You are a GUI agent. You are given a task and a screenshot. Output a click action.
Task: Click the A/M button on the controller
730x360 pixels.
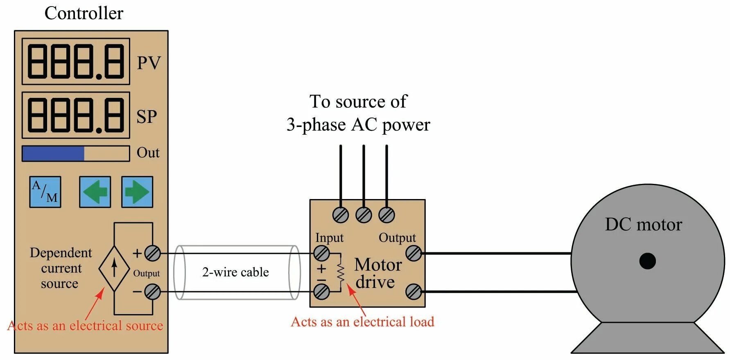45,192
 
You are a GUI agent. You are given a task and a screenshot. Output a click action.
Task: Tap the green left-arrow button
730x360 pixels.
95,192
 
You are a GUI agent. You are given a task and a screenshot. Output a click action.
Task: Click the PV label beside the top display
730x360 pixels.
149,63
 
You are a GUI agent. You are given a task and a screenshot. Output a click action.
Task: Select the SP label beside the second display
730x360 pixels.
147,117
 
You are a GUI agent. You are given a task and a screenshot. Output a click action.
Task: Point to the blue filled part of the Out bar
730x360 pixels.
53,154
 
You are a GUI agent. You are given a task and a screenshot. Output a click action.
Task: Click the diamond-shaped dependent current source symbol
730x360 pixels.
114,268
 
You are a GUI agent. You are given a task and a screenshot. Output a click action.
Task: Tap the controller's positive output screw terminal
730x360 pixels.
153,254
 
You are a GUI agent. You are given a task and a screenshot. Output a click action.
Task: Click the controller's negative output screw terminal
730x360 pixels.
153,292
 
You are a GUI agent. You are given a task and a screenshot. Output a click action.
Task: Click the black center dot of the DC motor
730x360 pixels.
647,261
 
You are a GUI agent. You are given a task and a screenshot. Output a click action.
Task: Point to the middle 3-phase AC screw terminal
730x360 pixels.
364,215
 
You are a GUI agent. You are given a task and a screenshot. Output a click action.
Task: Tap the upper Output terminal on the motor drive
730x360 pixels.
414,254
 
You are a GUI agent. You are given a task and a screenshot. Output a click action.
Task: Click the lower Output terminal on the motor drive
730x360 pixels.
414,292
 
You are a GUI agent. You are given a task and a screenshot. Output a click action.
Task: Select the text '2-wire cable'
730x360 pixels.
235,272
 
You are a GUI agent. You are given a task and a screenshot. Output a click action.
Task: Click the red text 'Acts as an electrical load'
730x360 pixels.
362,322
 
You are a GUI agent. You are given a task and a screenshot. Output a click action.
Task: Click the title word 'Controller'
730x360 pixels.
84,13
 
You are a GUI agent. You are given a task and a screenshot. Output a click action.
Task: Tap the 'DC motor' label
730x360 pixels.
643,224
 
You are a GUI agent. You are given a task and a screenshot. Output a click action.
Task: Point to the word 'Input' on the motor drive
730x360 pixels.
329,238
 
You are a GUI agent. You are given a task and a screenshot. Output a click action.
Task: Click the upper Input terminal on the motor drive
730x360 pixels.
321,254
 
